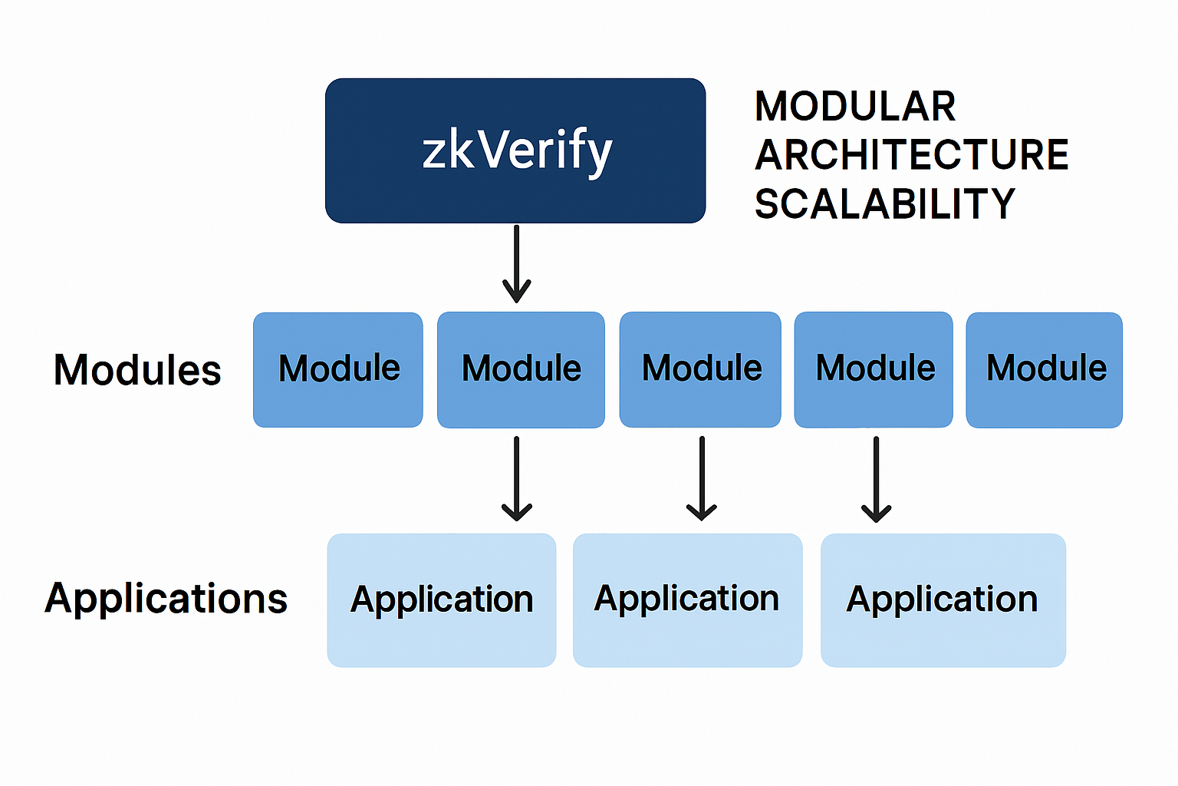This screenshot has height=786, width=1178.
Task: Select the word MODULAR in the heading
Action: point(855,107)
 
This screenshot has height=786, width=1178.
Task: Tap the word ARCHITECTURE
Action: point(911,155)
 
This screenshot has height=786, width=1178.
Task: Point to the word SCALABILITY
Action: point(884,204)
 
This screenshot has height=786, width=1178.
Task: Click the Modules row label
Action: point(137,370)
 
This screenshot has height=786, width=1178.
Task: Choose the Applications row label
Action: point(166,599)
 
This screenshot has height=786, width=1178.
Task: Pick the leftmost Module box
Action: point(338,369)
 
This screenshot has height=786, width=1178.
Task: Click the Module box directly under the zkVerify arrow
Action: point(521,369)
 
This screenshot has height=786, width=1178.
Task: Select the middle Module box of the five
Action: point(700,369)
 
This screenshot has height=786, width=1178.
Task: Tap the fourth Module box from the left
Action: point(874,369)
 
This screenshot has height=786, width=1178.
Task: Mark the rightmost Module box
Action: point(1045,369)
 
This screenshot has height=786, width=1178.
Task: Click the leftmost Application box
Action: point(442,600)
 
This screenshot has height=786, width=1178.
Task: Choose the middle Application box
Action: point(687,600)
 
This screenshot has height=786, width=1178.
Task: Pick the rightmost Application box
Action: point(943,600)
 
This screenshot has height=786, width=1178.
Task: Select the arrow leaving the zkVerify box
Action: point(517,261)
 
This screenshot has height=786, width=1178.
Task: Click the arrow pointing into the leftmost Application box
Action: point(517,476)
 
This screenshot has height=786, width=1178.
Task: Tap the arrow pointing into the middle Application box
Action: point(702,476)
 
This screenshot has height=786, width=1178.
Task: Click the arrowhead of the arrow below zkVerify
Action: point(517,292)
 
